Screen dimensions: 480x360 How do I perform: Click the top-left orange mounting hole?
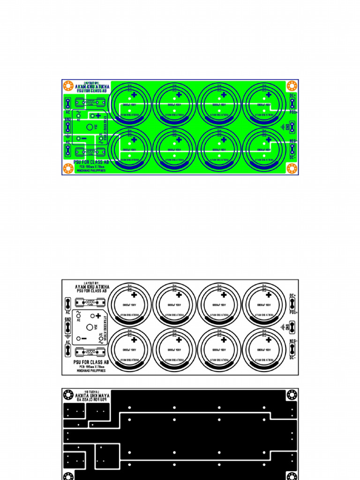tap(67, 86)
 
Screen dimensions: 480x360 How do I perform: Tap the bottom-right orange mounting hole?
tap(292, 168)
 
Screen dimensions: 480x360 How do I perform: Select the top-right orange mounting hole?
tap(292, 86)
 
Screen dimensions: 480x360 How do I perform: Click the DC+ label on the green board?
tap(292, 96)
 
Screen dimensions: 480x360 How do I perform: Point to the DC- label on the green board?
tap(292, 157)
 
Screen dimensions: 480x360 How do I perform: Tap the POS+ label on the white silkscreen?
tap(293, 312)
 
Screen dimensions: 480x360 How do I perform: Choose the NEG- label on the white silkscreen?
tap(293, 341)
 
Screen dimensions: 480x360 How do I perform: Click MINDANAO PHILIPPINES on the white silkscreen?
tap(91, 370)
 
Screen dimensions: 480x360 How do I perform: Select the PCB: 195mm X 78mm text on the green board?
tap(91, 166)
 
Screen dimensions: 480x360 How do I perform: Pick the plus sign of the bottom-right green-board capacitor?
tap(269, 140)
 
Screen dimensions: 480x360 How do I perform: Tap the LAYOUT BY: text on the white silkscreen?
tap(91, 283)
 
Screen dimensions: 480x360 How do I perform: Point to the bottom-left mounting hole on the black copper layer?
tap(68, 474)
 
